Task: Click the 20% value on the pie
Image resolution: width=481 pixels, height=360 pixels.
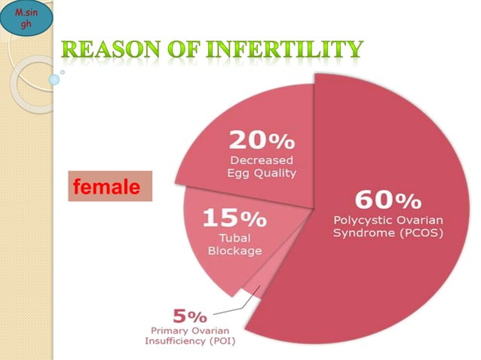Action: [x=262, y=141]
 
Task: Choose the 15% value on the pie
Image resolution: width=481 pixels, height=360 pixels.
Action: [x=233, y=218]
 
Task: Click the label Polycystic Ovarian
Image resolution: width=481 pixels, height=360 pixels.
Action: [x=388, y=220]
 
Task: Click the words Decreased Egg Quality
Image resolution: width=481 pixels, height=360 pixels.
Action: [x=262, y=166]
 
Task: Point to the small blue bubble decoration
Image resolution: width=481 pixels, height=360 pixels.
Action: [x=54, y=79]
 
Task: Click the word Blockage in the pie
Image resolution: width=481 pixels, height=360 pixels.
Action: [x=235, y=251]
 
